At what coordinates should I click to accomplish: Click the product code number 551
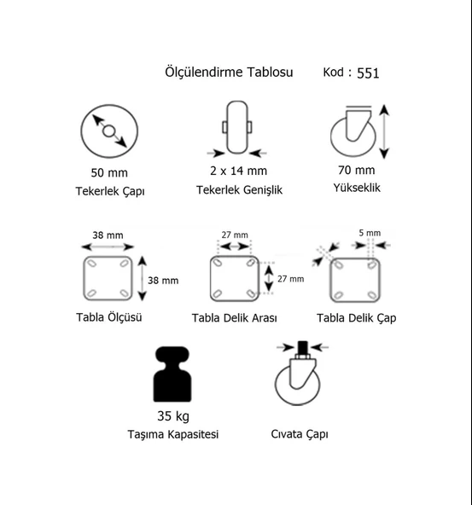[368, 73]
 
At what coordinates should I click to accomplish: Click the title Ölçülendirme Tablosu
[229, 72]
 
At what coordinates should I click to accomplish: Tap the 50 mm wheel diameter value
[109, 172]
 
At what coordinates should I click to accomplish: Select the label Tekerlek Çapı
[110, 191]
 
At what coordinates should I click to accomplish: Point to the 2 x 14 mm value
[239, 171]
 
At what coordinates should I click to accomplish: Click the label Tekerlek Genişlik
[239, 190]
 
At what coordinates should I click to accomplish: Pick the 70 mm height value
[356, 170]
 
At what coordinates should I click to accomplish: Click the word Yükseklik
[357, 188]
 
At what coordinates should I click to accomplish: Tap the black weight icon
[172, 374]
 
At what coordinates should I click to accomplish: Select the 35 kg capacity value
[173, 416]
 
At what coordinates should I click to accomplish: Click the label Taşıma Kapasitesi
[173, 434]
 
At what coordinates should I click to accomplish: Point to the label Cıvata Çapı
[300, 434]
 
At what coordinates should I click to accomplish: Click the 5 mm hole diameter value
[370, 233]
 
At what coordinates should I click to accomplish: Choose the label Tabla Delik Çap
[356, 318]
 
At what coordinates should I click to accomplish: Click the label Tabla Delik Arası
[234, 318]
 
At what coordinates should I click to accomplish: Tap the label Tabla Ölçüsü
[109, 317]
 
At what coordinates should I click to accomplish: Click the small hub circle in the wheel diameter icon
[108, 131]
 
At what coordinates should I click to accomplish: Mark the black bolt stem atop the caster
[302, 348]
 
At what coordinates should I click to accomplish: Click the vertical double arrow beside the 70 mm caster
[384, 131]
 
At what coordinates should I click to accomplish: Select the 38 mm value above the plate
[108, 235]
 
